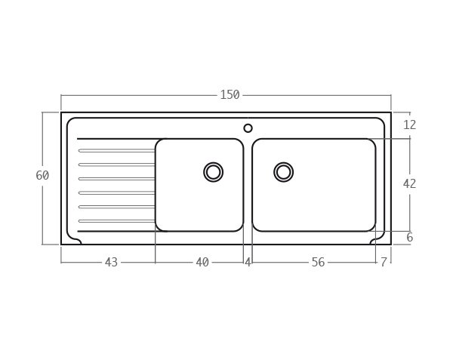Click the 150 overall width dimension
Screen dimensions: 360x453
click(230, 95)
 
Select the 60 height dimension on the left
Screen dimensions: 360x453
click(42, 176)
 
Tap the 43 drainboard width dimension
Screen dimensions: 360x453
click(111, 263)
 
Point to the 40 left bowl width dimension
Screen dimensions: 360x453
click(202, 263)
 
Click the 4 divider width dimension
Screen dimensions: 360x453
click(248, 263)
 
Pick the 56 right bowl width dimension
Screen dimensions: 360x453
click(318, 263)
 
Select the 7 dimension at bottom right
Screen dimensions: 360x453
click(384, 263)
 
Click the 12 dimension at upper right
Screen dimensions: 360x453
click(409, 125)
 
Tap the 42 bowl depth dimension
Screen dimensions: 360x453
click(409, 183)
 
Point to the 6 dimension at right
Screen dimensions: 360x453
click(409, 238)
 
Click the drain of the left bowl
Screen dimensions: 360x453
click(214, 172)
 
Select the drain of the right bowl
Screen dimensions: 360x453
click(284, 172)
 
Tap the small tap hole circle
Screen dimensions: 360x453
click(248, 128)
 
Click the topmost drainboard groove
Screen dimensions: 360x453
click(117, 151)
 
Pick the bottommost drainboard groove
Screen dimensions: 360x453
click(117, 221)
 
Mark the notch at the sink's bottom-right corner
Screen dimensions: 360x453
click(377, 240)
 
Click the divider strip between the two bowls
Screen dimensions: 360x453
click(248, 185)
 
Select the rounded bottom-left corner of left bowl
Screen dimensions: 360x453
click(160, 226)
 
